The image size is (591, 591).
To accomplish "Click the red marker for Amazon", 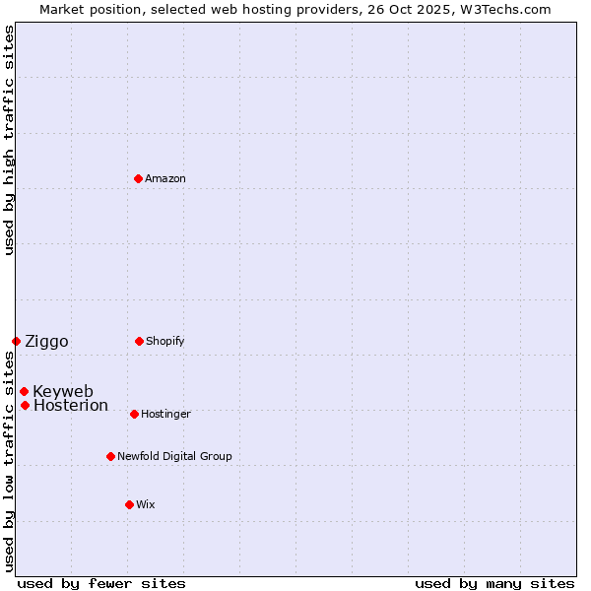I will point(138,178).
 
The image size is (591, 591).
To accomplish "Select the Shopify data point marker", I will point(139,341).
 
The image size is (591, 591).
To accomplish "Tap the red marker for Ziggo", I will point(16,341).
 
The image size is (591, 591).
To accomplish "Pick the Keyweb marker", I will point(24,391).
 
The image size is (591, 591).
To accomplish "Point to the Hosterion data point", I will point(25,405).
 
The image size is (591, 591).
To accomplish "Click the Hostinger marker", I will point(134,414).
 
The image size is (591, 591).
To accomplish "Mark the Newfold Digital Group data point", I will point(110,456).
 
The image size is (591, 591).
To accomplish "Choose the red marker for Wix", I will point(129,504).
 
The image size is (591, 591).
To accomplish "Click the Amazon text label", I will point(165,179).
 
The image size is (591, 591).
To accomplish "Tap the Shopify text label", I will point(165,342).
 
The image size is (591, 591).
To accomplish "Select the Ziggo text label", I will point(46,342).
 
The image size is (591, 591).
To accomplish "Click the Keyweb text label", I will point(63,392).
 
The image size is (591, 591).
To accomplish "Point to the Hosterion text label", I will point(71,406).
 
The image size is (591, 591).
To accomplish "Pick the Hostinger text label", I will point(165,415).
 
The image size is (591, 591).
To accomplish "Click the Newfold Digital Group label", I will point(174,457).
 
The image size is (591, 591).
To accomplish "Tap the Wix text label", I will point(146,505).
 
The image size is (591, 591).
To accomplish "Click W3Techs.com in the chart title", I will point(502,9).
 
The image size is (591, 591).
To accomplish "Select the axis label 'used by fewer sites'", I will point(101,583).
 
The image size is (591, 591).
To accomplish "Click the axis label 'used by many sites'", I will point(494,583).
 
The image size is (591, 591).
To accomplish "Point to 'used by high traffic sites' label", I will point(9,140).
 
